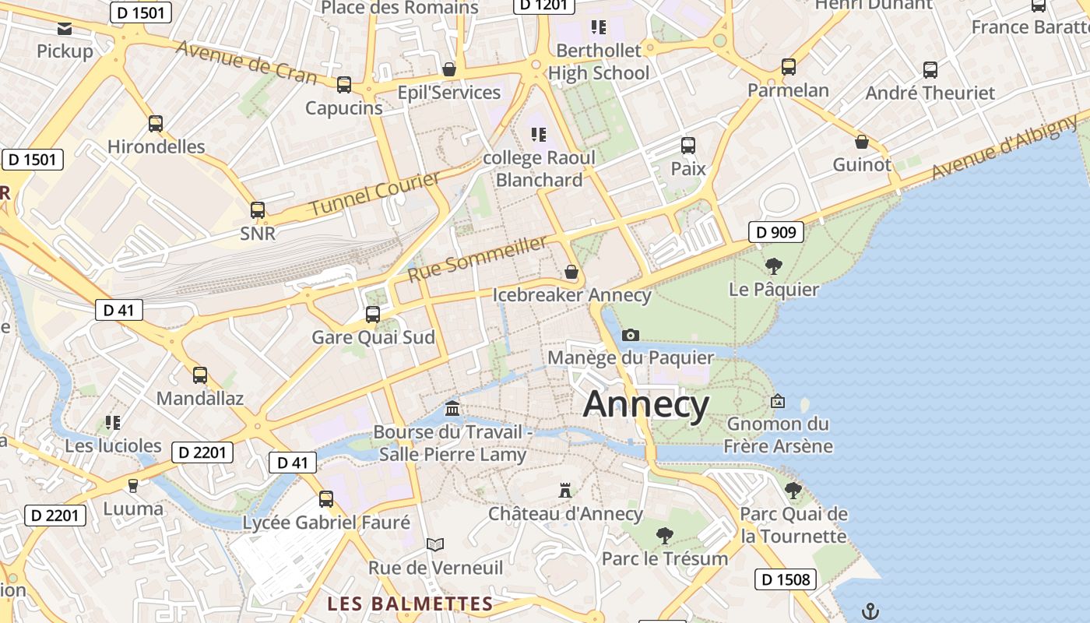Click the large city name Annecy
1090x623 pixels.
pyautogui.click(x=645, y=405)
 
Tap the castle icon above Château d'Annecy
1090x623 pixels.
pyautogui.click(x=565, y=491)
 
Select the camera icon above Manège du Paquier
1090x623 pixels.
pyautogui.click(x=631, y=335)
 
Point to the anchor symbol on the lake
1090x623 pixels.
pyautogui.click(x=870, y=611)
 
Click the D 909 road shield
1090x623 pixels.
pyautogui.click(x=775, y=231)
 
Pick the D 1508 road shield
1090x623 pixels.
pyautogui.click(x=786, y=579)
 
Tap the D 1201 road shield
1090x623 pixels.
pyautogui.click(x=543, y=5)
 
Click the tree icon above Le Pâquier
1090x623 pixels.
pyautogui.click(x=773, y=266)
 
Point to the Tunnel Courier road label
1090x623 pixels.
pyautogui.click(x=374, y=195)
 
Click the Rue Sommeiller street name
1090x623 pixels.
pyautogui.click(x=477, y=259)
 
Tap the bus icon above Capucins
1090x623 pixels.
pyautogui.click(x=343, y=85)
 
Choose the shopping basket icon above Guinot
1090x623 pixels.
pyautogui.click(x=861, y=142)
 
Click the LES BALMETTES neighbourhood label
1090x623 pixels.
pyautogui.click(x=410, y=604)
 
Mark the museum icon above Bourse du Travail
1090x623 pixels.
pyautogui.click(x=452, y=408)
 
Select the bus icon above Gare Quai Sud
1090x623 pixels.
pyautogui.click(x=373, y=315)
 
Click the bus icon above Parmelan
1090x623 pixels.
pyautogui.click(x=789, y=67)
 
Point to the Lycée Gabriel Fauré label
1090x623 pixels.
pyautogui.click(x=326, y=523)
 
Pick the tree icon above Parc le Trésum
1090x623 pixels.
pyautogui.click(x=664, y=536)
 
